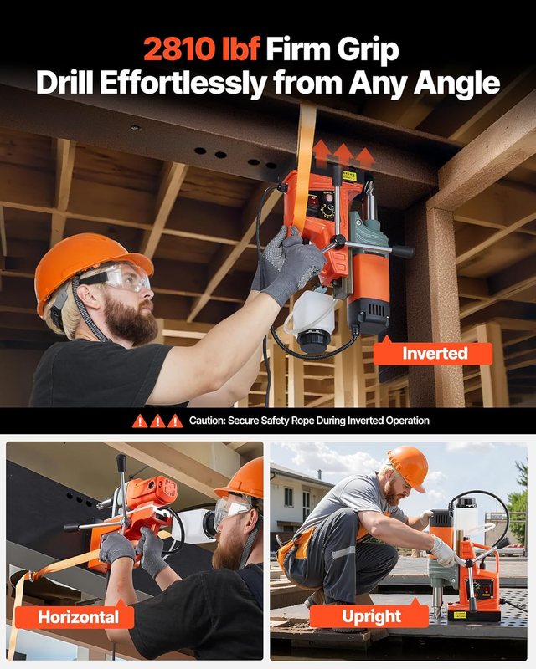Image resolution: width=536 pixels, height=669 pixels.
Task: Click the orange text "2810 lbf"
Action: [201, 49]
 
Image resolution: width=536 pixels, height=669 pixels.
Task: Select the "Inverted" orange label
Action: [433, 353]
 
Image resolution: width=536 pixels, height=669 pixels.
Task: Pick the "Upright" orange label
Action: [371, 616]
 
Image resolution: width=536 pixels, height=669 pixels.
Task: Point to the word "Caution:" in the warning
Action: [207, 421]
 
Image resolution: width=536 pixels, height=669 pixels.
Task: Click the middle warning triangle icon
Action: [157, 421]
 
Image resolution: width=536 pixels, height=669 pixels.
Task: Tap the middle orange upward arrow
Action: [343, 155]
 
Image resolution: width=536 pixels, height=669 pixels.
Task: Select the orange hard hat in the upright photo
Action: [408, 467]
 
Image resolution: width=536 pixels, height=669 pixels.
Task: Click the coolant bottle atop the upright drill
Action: [466, 514]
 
